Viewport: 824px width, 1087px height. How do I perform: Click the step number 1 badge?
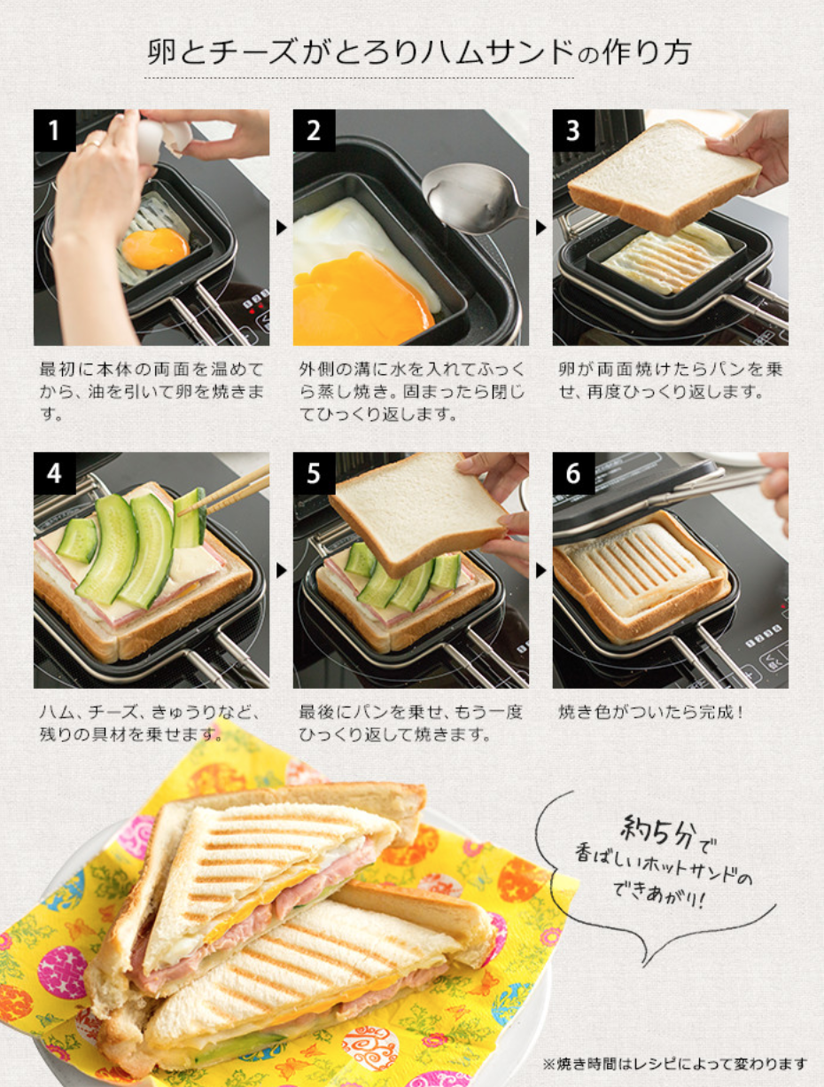coord(54,130)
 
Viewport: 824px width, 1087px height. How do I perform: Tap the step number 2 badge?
coord(314,130)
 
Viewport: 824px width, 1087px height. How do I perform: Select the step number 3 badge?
coord(573,130)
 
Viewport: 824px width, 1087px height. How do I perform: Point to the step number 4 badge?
coord(54,473)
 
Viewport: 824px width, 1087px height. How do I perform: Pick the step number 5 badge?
coord(314,473)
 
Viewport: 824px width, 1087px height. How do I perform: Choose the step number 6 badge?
coord(573,473)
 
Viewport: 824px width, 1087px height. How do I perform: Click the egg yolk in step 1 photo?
coord(155,248)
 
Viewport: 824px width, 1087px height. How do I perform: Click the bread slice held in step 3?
coord(663,176)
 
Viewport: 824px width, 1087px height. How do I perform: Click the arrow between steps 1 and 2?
coord(281,227)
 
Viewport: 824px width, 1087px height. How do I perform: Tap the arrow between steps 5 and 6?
coord(541,570)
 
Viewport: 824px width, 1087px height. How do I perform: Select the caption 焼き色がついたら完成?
coord(650,712)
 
